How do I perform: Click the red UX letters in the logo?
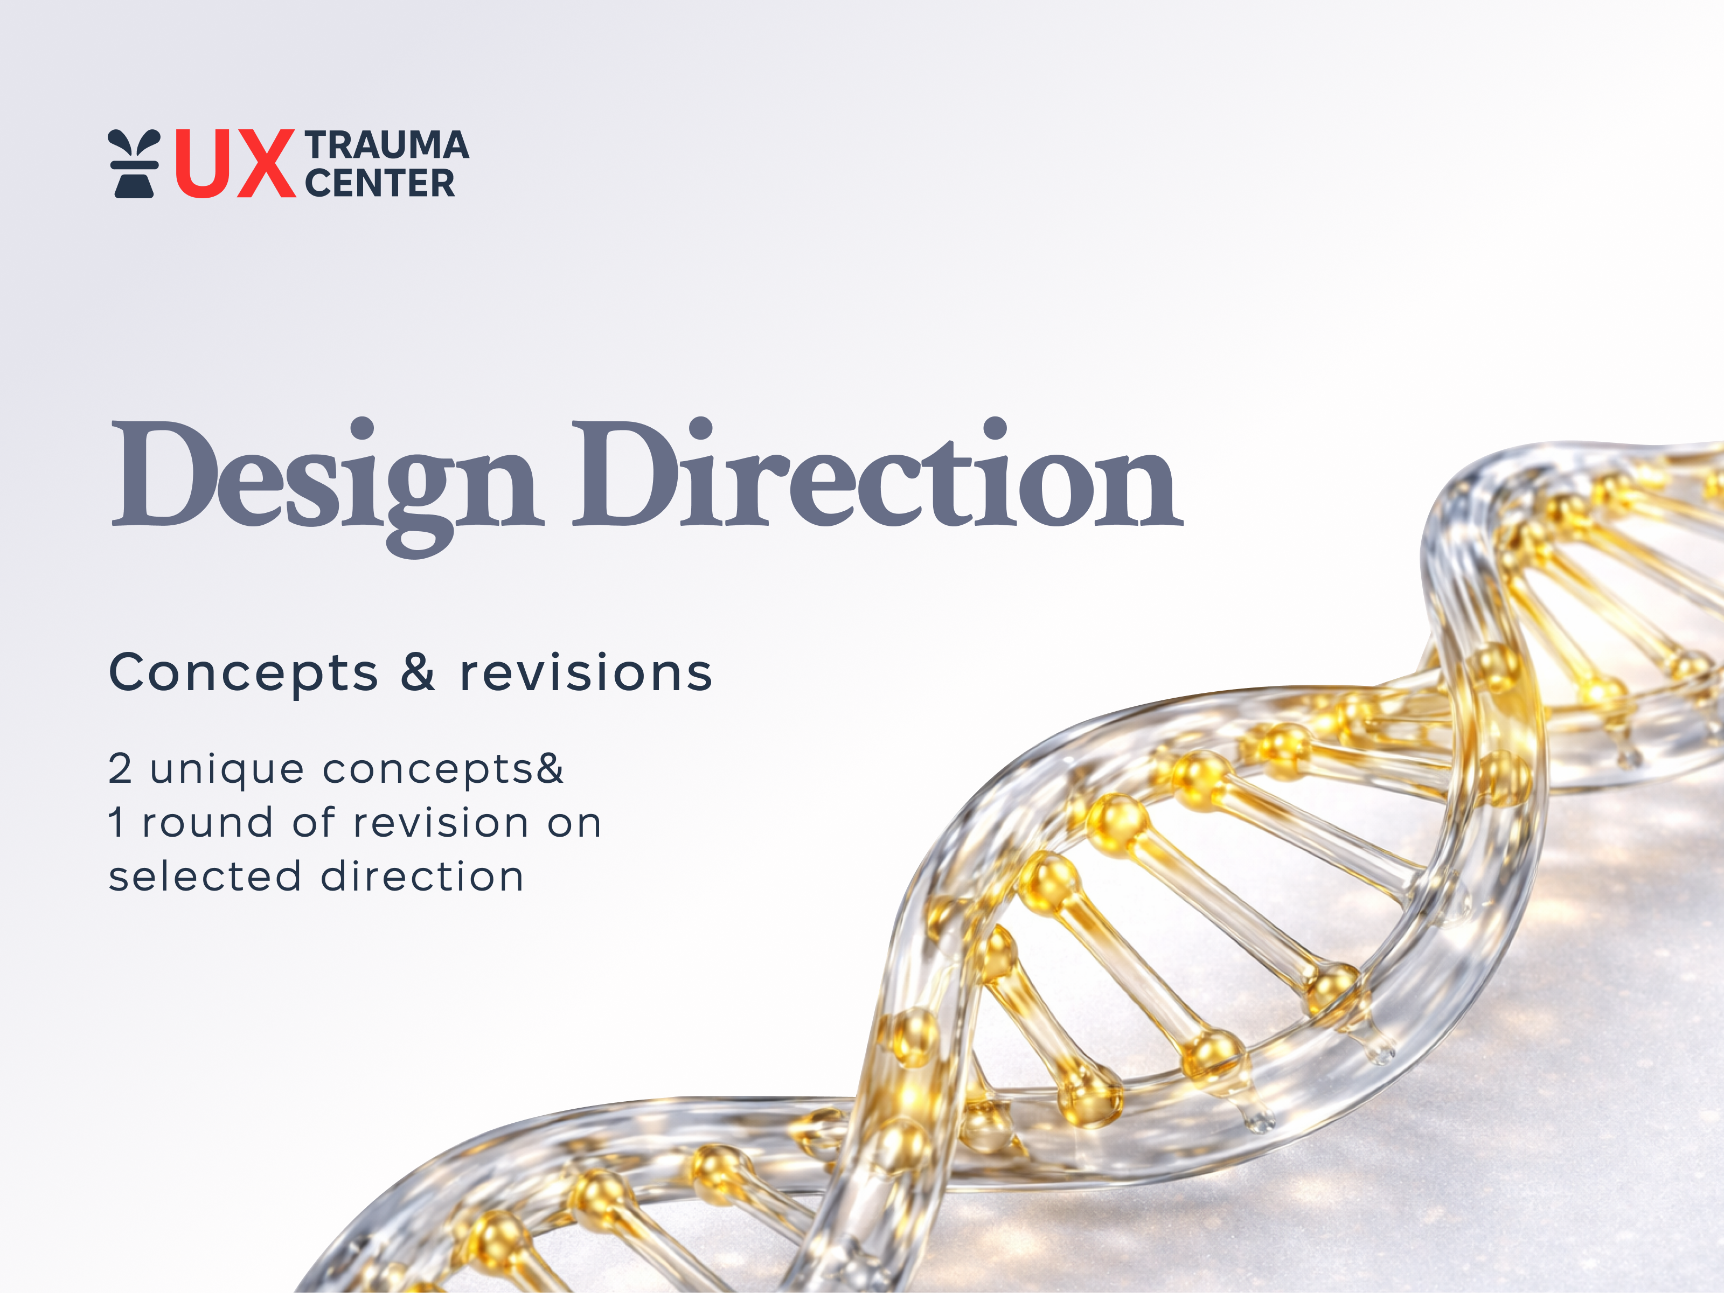click(x=234, y=164)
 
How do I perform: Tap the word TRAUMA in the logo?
click(x=387, y=146)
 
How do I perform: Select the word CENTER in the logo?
click(x=380, y=184)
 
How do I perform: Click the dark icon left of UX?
click(x=133, y=164)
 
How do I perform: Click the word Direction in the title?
click(x=877, y=475)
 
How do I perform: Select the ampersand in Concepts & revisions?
click(x=418, y=672)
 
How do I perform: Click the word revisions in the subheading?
click(x=586, y=672)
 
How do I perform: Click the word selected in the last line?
click(x=205, y=876)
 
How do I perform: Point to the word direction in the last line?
click(x=422, y=876)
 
